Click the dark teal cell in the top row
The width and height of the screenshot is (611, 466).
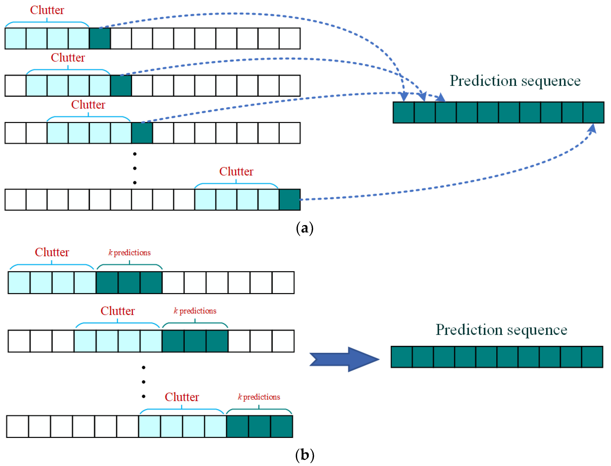click(100, 38)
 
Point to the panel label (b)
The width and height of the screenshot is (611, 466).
click(304, 455)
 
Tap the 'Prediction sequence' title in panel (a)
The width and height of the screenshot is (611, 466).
click(515, 81)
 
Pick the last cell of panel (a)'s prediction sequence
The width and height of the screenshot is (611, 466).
click(593, 112)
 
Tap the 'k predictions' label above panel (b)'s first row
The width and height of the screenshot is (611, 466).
click(130, 253)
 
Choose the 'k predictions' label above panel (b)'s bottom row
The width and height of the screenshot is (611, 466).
click(259, 397)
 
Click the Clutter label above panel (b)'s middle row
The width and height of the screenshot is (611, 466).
click(117, 311)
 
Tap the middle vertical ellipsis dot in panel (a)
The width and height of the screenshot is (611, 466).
click(135, 168)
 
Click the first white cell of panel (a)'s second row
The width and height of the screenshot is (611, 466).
click(15, 86)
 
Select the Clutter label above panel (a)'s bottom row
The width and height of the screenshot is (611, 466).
click(236, 171)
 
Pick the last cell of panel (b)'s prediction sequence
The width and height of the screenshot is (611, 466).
click(592, 357)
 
